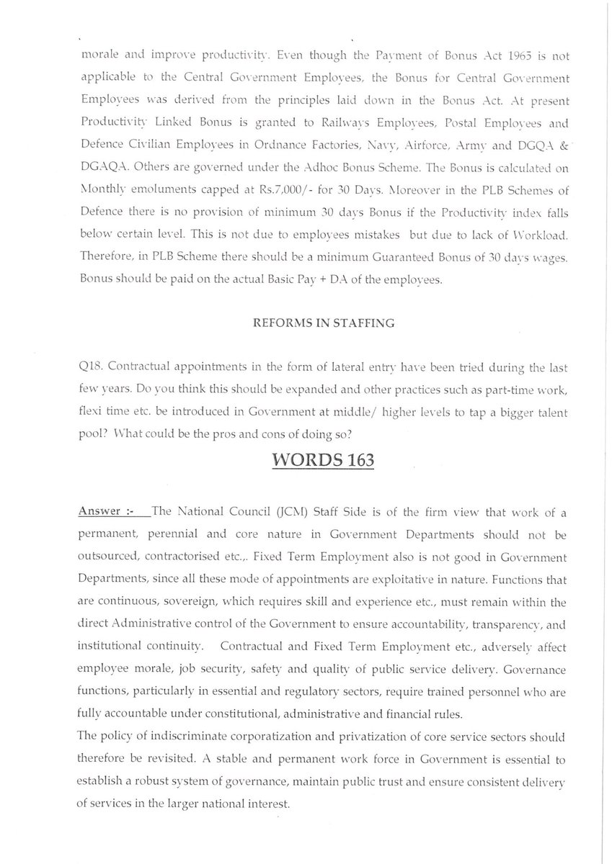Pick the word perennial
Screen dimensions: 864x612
point(169,531)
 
